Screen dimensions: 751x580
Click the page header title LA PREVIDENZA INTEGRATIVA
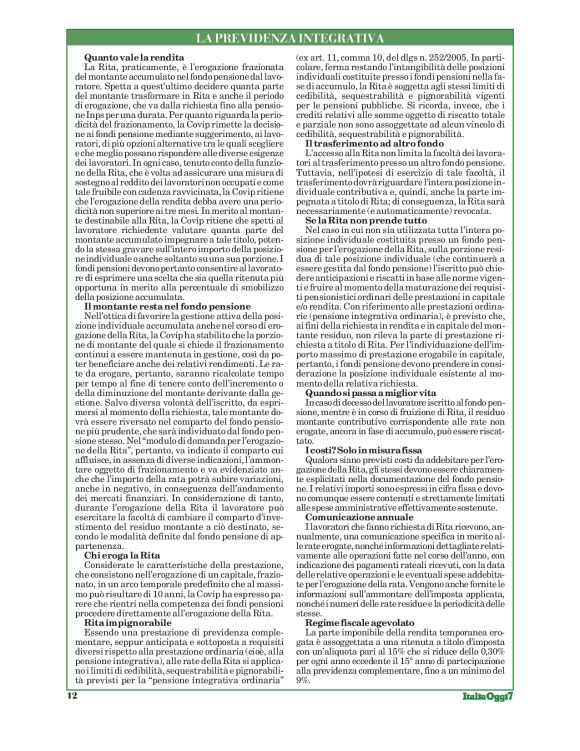pos(289,38)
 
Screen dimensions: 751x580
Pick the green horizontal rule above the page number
pos(289,711)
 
